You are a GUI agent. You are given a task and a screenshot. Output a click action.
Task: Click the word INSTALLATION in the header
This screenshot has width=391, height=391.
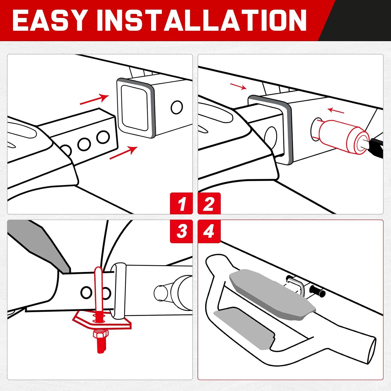tap(201, 20)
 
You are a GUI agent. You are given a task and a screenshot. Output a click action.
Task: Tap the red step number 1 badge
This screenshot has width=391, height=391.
tap(181, 204)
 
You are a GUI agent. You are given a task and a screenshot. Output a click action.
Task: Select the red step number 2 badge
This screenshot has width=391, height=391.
tap(209, 204)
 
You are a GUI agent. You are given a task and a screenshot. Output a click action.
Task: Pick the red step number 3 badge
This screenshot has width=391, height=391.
tap(181, 231)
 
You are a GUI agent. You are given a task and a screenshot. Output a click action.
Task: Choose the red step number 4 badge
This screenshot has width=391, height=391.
tap(209, 231)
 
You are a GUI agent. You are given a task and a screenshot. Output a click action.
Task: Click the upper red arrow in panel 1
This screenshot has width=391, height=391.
tap(94, 100)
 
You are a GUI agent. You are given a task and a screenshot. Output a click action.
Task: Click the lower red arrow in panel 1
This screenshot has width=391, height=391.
tap(123, 153)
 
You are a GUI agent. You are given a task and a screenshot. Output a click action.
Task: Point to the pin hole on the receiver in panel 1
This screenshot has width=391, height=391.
tap(177, 107)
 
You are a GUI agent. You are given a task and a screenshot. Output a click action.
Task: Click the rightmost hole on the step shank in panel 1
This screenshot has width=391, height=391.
tap(103, 137)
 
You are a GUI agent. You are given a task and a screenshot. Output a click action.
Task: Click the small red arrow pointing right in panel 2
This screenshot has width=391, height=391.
tap(238, 86)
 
